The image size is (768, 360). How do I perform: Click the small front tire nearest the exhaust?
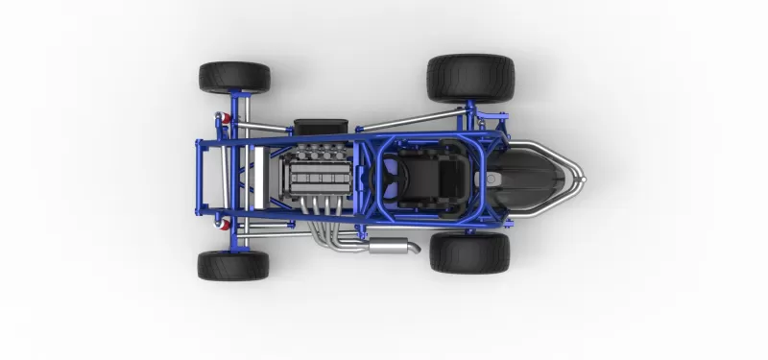coord(233,265)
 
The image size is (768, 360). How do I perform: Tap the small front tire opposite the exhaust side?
coord(234,78)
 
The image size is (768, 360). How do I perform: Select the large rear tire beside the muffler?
coord(469,252)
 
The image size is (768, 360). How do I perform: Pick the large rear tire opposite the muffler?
coord(470,78)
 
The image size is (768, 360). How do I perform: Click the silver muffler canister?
coord(390,249)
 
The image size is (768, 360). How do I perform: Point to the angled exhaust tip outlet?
coord(416,248)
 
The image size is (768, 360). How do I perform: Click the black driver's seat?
coord(439,180)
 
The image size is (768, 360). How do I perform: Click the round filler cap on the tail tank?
coord(492,179)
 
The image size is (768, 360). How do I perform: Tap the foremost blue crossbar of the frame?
coord(199,177)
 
